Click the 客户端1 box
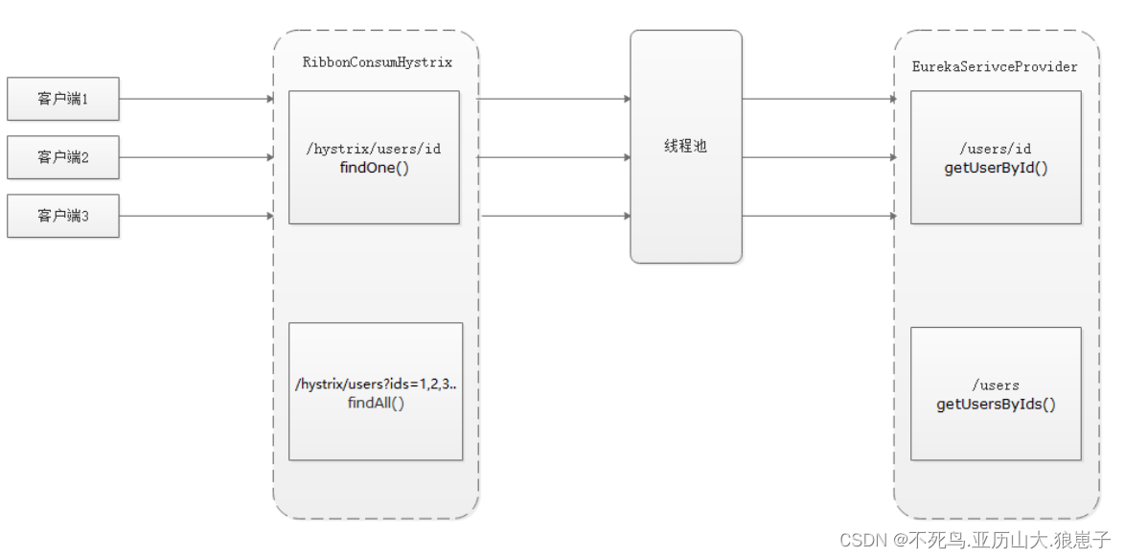pos(63,99)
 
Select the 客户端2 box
pos(63,157)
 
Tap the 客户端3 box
pos(63,216)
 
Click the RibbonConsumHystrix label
pos(377,62)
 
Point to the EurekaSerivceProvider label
pos(995,67)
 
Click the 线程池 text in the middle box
pos(685,147)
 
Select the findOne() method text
pos(373,167)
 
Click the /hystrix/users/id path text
pos(373,149)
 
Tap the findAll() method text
pos(376,403)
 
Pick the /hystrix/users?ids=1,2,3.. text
pos(376,384)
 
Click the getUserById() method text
pos(996,167)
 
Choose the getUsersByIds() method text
pos(996,404)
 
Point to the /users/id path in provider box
pos(996,149)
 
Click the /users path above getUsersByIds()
pos(996,385)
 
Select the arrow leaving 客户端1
pos(196,99)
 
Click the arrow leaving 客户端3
pos(196,216)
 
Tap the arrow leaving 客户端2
pos(196,157)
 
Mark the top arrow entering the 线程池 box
pos(554,99)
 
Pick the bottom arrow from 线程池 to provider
pos(817,216)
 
